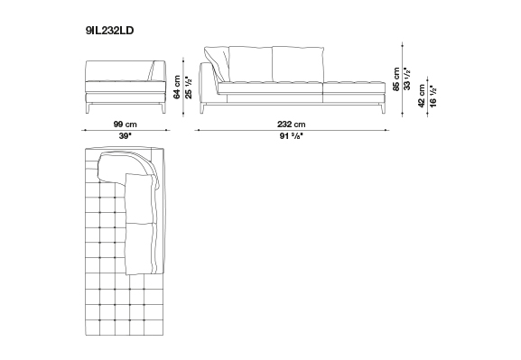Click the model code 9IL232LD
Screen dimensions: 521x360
[x=109, y=31]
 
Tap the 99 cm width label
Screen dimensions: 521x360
[x=125, y=125]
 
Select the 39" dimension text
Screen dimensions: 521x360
[x=126, y=136]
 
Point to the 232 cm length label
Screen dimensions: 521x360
[x=291, y=125]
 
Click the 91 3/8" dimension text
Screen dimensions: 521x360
[x=292, y=136]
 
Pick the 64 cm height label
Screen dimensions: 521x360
[x=177, y=87]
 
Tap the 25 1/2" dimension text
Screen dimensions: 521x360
[x=189, y=88]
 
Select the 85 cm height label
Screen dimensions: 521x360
[x=396, y=78]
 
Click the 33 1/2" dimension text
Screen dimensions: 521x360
[x=407, y=78]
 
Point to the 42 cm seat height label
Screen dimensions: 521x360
[x=422, y=96]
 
